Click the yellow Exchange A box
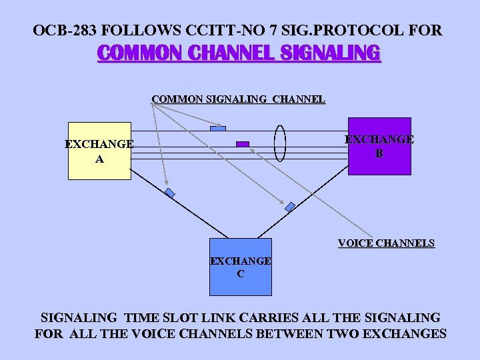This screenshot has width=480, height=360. coord(99,151)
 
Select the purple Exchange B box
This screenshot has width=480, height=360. coord(379,146)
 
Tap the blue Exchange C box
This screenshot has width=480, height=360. coord(241,267)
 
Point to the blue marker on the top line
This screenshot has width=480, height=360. coord(218,128)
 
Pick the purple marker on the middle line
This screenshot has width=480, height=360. coord(243,143)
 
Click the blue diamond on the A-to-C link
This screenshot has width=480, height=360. coord(169,193)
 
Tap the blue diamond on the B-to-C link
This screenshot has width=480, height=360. coord(290,207)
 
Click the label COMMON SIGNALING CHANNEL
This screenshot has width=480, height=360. coord(238,99)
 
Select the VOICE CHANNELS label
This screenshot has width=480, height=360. coord(386,243)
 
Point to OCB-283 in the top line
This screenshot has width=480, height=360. coord(65,30)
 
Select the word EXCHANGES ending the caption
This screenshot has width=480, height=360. coord(404,334)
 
